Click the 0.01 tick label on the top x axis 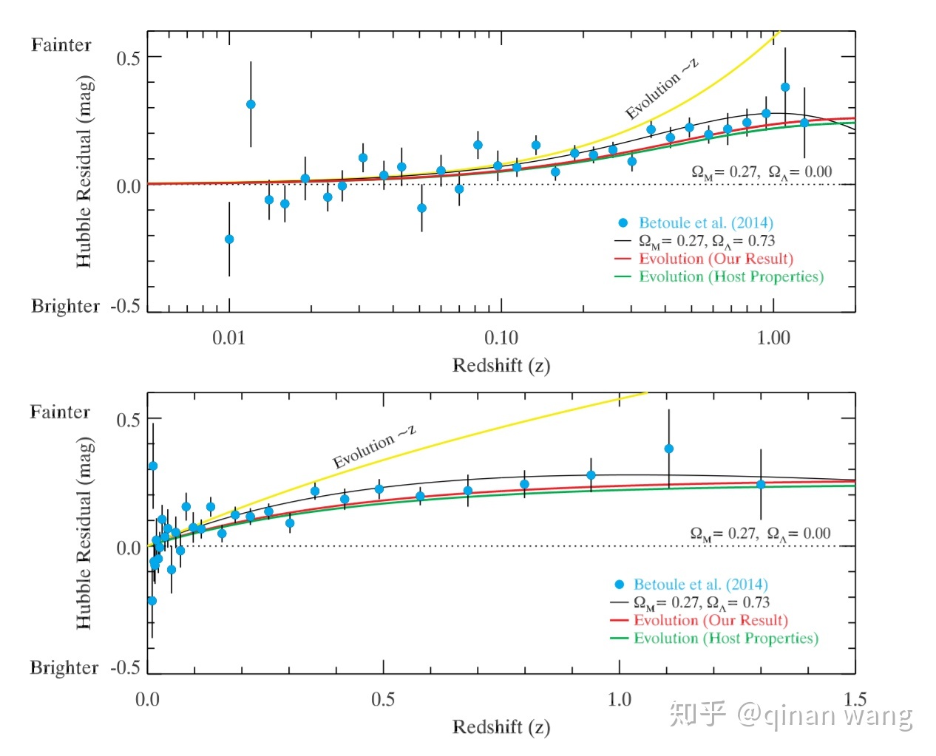(228, 338)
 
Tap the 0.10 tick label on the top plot (501, 338)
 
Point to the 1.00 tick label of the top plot (773, 338)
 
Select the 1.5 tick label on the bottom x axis (855, 698)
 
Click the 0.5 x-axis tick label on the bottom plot (383, 699)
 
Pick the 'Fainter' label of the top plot (61, 45)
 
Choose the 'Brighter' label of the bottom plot (64, 667)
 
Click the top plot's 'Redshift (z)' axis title (501, 365)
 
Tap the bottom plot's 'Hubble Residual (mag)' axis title (84, 533)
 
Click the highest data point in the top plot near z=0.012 (251, 104)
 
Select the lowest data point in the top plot (229, 239)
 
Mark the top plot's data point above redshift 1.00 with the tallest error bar (785, 87)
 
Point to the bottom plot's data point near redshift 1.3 (761, 484)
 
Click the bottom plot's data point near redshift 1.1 (669, 449)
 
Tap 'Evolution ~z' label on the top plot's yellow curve (662, 89)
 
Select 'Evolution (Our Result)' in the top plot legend (716, 259)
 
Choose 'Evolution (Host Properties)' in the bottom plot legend (725, 638)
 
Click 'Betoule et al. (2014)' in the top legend (705, 222)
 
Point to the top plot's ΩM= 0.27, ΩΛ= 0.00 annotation (762, 172)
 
